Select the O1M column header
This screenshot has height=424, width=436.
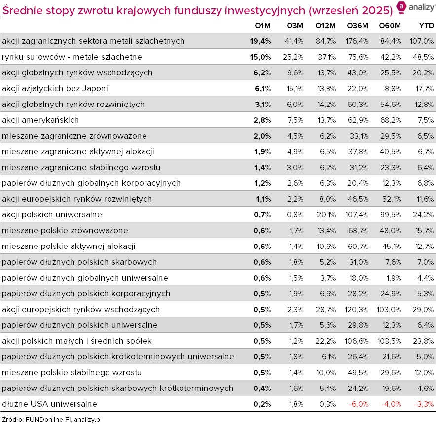coord(261,25)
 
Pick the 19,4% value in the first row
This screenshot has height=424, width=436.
coord(260,41)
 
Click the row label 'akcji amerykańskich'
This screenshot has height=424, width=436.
coord(40,120)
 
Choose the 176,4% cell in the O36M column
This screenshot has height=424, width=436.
coord(356,41)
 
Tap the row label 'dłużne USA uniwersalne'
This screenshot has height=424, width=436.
coord(49,404)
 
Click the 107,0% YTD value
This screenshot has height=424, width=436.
coord(422,41)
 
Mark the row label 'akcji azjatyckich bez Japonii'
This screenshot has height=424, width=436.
coord(56,88)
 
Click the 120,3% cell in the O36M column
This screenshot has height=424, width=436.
coord(356,309)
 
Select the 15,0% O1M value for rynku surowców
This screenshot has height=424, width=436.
coord(260,57)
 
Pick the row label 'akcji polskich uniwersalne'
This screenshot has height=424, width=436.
coord(52,214)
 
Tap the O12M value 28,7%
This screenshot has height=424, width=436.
coord(326,309)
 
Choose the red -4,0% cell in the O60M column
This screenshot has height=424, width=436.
coord(391,404)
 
